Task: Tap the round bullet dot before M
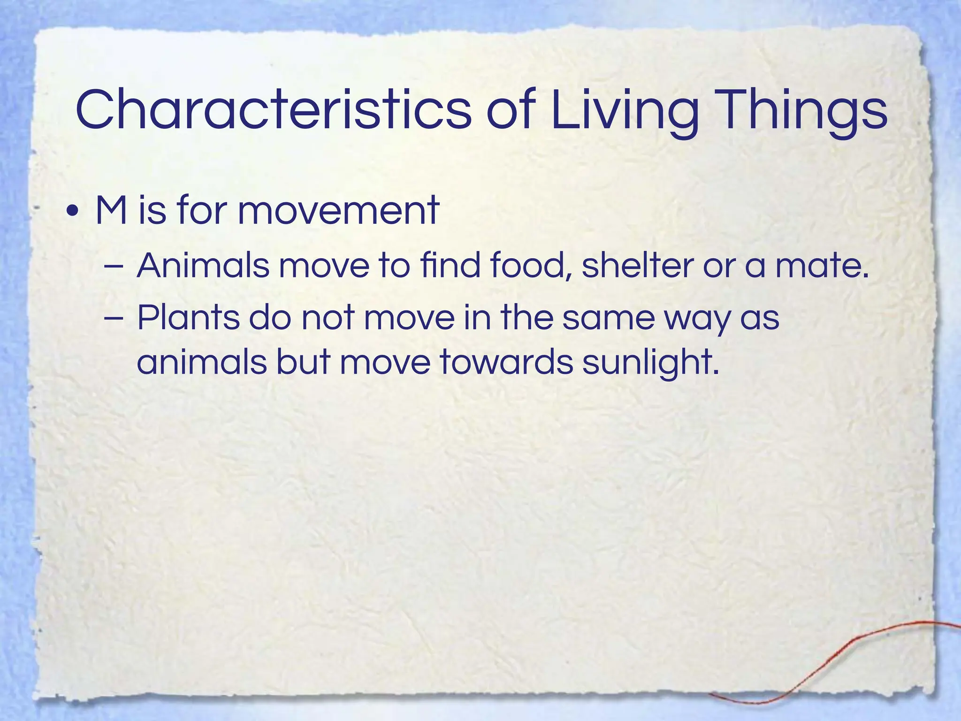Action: tap(72, 212)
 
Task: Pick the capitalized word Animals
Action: tap(203, 266)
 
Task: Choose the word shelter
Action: tap(637, 266)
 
